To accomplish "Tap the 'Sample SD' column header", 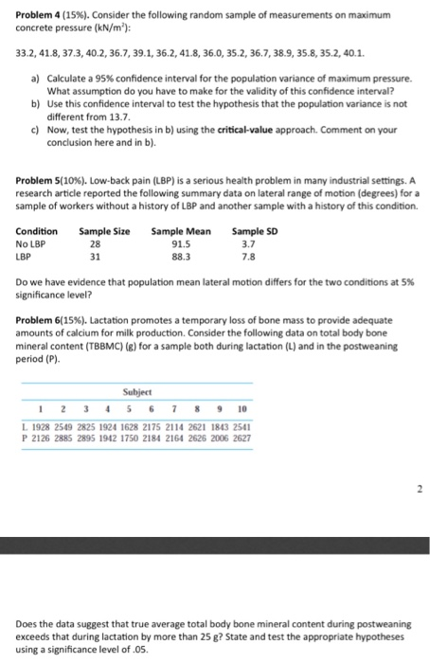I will tap(253, 230).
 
